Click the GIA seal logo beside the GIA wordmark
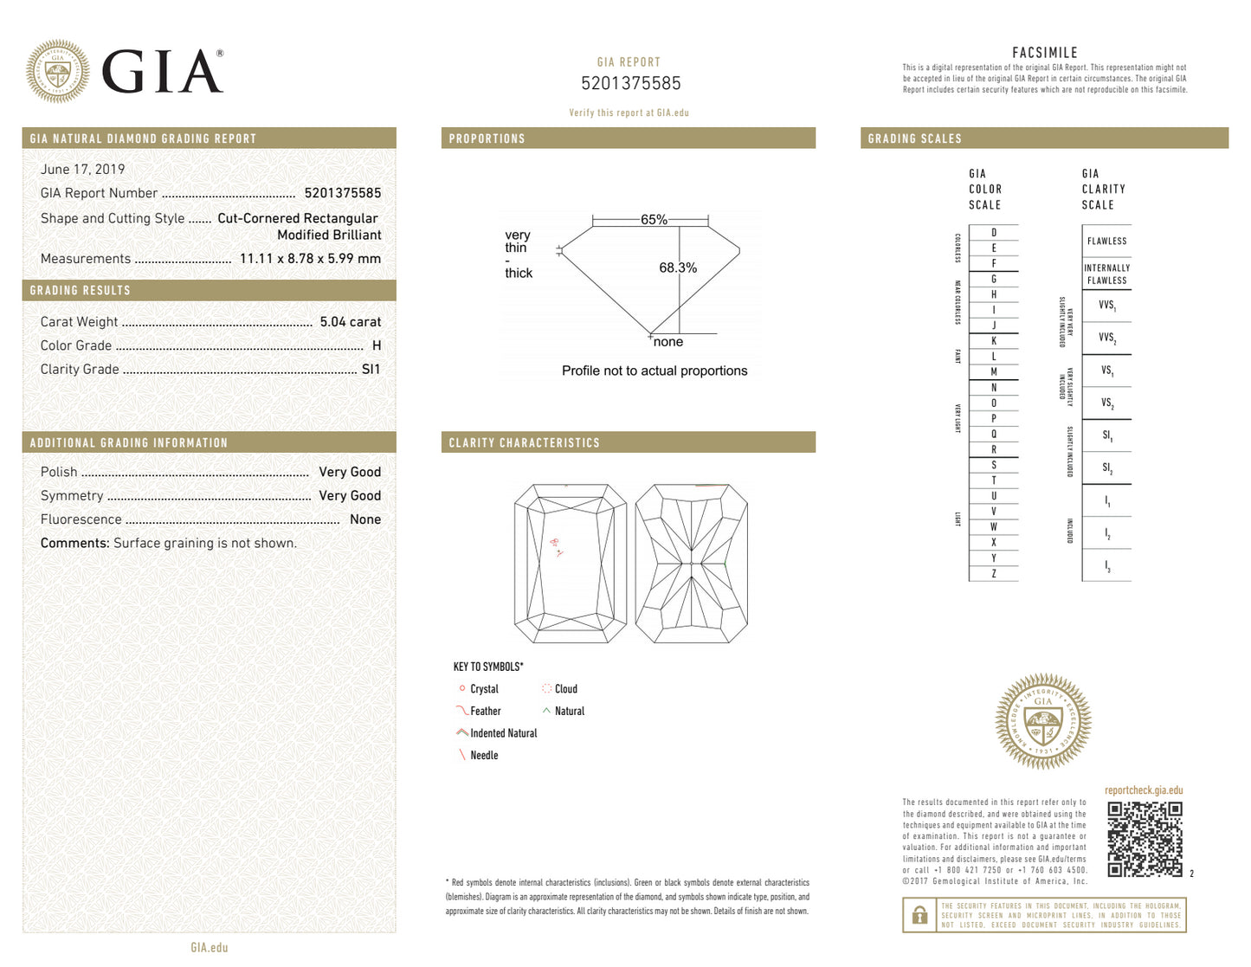(x=57, y=71)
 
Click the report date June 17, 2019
(x=82, y=170)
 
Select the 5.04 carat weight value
(x=350, y=322)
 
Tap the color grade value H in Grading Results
(x=377, y=345)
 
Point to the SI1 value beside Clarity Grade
(x=371, y=369)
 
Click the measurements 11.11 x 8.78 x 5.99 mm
(x=310, y=259)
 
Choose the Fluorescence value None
(x=364, y=519)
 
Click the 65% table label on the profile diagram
(x=654, y=220)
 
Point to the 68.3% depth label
(x=677, y=268)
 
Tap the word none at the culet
(x=667, y=342)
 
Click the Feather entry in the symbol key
(x=485, y=711)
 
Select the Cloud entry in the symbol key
(x=565, y=689)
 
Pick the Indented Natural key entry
(x=503, y=733)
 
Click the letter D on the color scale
(x=993, y=233)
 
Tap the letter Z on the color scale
(x=993, y=574)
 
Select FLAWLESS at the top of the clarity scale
(x=1106, y=242)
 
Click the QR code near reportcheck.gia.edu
(x=1145, y=839)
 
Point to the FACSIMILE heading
(x=1044, y=53)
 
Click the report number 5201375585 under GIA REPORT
(x=630, y=84)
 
